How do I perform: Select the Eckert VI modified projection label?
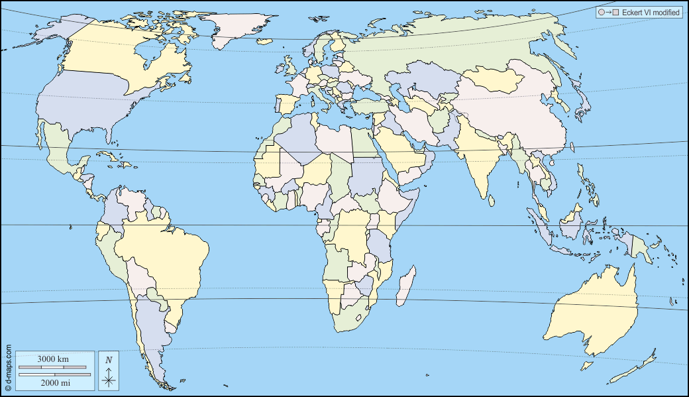(646, 13)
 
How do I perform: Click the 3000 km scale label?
(52, 359)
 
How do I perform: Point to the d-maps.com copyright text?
(9, 368)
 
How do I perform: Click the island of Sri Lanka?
(491, 198)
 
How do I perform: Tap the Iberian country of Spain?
(287, 105)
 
